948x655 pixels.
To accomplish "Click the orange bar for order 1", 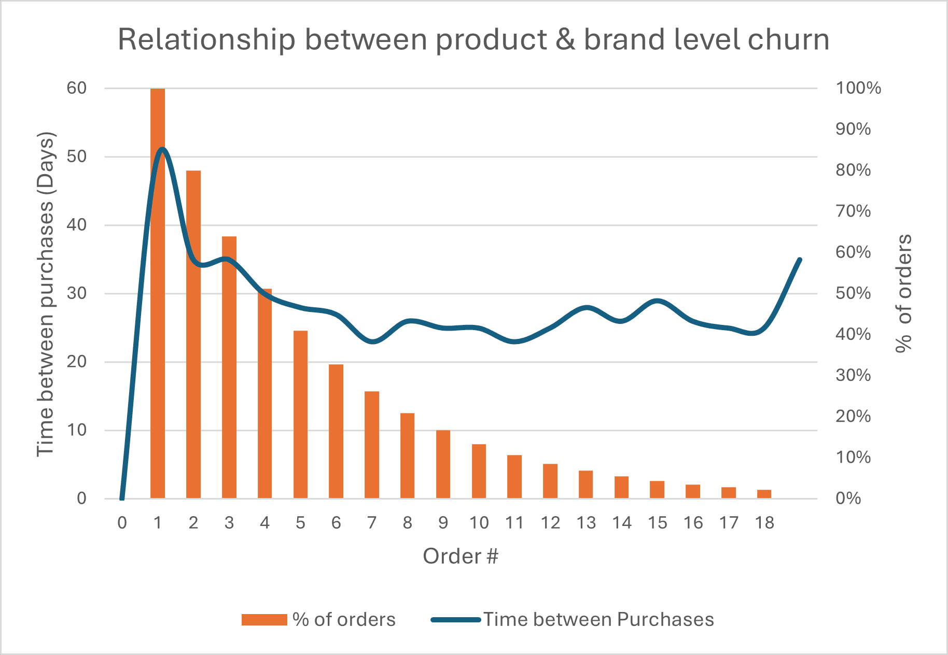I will tap(158, 311).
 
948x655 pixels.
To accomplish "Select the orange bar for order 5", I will tap(300, 415).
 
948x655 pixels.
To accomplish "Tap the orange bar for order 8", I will tap(408, 455).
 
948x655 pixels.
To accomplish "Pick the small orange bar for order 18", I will tap(764, 494).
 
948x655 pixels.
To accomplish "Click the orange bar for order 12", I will tap(550, 481).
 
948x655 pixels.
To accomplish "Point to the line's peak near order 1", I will tap(162, 150).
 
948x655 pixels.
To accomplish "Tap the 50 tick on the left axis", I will tap(77, 156).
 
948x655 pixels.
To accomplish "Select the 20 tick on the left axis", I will tap(77, 362).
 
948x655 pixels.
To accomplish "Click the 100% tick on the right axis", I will tap(858, 88).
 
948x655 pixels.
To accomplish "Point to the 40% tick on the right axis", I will tap(853, 334).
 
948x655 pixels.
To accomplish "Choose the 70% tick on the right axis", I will tap(853, 211).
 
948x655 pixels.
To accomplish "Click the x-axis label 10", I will tap(479, 523).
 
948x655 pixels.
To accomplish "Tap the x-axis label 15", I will tap(657, 523).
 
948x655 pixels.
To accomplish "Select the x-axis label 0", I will tap(122, 523).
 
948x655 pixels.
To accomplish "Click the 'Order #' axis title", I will tap(460, 556).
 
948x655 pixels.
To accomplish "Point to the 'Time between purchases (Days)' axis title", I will tap(46, 294).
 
